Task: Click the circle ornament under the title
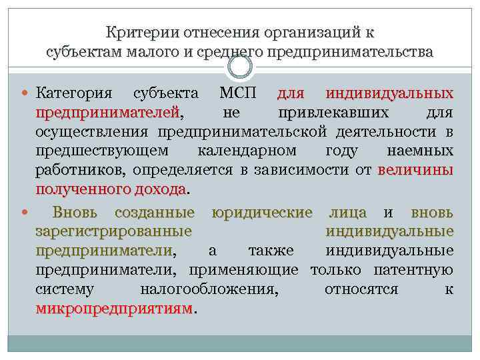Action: click(240, 67)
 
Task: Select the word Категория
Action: click(74, 92)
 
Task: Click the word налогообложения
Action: click(209, 291)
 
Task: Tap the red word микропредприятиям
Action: click(114, 310)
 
